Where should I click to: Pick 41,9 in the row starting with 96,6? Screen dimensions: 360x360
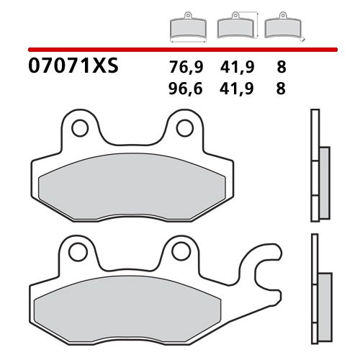coord(235,89)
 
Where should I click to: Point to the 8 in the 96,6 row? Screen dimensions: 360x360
coord(280,89)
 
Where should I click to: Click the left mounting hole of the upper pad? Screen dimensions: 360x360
coord(81,129)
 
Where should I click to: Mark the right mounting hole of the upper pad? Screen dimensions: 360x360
coord(184,129)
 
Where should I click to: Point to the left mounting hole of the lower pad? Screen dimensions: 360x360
coord(76,252)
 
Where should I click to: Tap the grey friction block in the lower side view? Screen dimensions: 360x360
coord(323,299)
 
